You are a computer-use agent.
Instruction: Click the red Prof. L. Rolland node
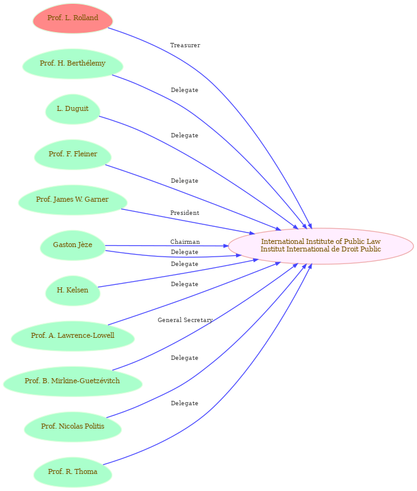[x=73, y=18]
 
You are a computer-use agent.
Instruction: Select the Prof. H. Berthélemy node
[x=73, y=64]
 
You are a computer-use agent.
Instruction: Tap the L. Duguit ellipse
[x=73, y=109]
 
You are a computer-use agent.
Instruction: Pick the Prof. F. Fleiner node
[x=73, y=154]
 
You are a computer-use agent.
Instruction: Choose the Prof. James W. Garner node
[x=73, y=200]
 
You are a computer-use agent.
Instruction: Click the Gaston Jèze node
[x=73, y=245]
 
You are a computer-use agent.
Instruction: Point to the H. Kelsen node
[x=73, y=291]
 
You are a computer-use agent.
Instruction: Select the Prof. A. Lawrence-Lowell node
[x=73, y=336]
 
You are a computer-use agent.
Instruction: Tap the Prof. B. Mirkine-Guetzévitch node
[x=73, y=381]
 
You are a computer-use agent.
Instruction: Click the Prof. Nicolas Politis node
[x=73, y=427]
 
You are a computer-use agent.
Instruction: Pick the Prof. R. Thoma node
[x=73, y=472]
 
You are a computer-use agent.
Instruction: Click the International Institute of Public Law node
[x=320, y=246]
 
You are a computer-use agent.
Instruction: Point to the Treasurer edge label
[x=185, y=45]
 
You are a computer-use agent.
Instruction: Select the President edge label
[x=185, y=213]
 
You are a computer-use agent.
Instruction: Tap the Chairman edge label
[x=185, y=242]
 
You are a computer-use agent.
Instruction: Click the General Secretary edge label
[x=185, y=320]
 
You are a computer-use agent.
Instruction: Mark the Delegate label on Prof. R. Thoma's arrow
[x=184, y=403]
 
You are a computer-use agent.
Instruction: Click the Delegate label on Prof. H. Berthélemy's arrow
[x=184, y=90]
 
